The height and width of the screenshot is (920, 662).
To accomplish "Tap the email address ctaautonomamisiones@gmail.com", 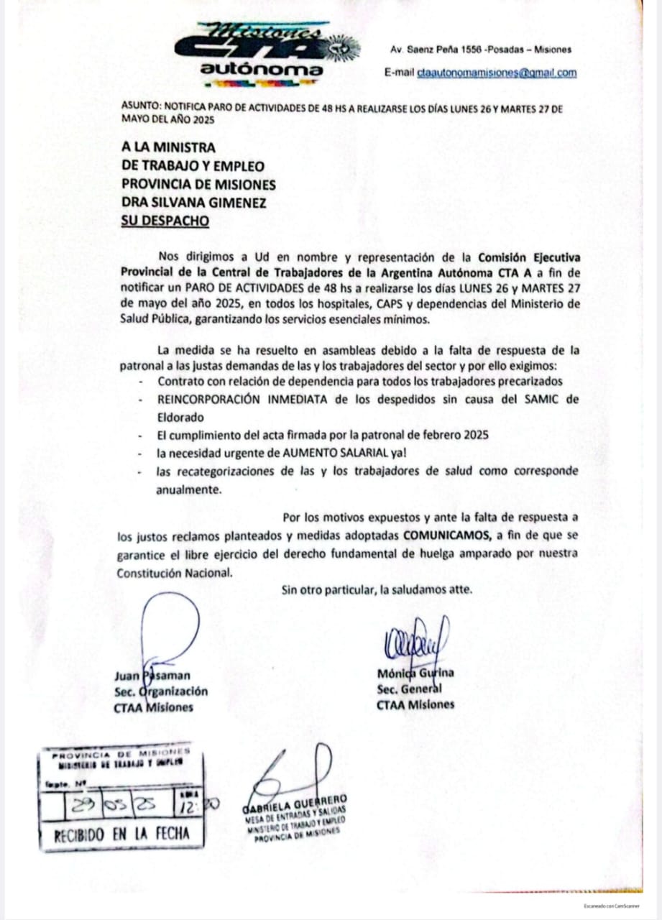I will tap(497, 73).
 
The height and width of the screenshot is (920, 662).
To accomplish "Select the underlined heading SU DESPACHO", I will tap(165, 221).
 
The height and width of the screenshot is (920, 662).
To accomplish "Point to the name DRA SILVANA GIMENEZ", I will tap(193, 203).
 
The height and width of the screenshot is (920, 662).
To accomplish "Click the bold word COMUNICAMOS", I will tap(447, 535).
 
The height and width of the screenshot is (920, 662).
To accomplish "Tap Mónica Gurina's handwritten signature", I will tap(418, 639).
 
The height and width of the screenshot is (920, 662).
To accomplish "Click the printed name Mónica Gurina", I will tap(415, 673).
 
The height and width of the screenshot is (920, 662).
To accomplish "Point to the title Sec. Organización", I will tap(160, 691).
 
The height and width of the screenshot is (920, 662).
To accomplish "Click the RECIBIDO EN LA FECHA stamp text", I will tap(121, 834).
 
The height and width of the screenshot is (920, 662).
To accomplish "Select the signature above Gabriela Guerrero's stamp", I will tap(295, 769).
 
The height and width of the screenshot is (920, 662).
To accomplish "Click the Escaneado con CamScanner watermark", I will tap(611, 905).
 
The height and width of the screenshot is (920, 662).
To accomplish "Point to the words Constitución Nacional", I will tap(175, 573).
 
